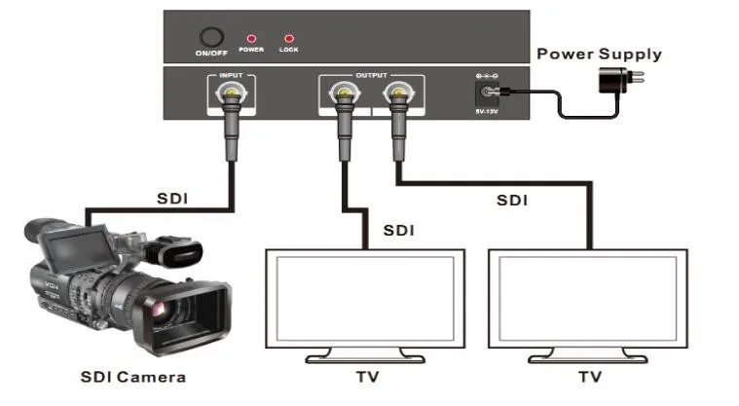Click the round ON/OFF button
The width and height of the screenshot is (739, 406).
211,37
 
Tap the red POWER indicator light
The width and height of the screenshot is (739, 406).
251,38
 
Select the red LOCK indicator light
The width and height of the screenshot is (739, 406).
289,38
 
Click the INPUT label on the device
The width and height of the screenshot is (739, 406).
231,75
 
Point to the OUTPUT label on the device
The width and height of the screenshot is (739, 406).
371,75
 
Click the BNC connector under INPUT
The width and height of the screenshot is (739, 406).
231,93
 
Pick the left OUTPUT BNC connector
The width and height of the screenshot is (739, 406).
344,93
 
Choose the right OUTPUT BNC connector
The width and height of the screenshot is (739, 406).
399,93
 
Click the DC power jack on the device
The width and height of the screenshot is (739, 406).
486,92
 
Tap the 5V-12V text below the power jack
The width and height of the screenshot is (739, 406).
487,112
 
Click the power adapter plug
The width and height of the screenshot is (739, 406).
620,79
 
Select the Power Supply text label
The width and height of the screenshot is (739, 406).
599,54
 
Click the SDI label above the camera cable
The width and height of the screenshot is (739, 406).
172,199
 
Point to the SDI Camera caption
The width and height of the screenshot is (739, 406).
133,377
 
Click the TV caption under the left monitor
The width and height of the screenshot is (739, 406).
368,377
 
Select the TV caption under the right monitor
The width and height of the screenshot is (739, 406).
590,377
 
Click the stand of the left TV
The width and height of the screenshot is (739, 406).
365,356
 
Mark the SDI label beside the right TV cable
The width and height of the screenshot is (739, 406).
512,201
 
